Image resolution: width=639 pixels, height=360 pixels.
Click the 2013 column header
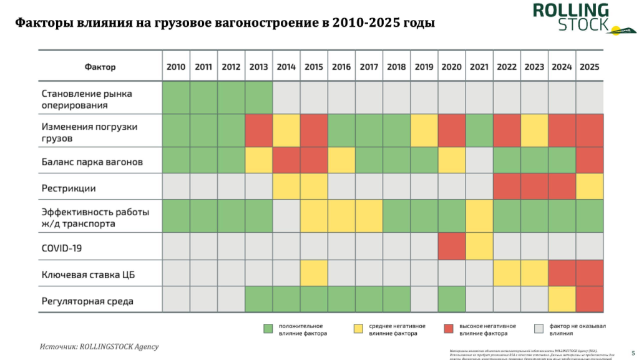click(258, 67)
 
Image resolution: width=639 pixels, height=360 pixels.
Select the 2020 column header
click(451, 67)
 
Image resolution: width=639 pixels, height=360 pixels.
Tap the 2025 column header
click(589, 67)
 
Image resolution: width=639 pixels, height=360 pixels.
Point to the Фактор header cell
click(100, 67)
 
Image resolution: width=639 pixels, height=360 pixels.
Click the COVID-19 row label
click(62, 248)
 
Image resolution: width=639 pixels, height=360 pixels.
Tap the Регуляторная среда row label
click(87, 301)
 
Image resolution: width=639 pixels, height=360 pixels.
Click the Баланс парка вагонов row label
click(92, 162)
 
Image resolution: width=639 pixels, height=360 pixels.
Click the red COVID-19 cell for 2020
click(451, 246)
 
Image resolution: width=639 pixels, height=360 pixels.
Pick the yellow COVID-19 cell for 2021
click(479, 246)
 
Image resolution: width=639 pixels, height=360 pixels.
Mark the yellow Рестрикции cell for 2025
click(589, 187)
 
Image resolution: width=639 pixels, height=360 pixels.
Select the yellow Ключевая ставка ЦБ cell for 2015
click(314, 273)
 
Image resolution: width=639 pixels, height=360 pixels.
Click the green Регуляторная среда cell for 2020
click(451, 299)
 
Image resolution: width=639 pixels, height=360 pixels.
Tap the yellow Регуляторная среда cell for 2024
click(562, 299)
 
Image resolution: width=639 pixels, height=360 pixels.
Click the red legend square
click(448, 328)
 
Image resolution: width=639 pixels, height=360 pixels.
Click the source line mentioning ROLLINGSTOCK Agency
click(99, 346)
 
